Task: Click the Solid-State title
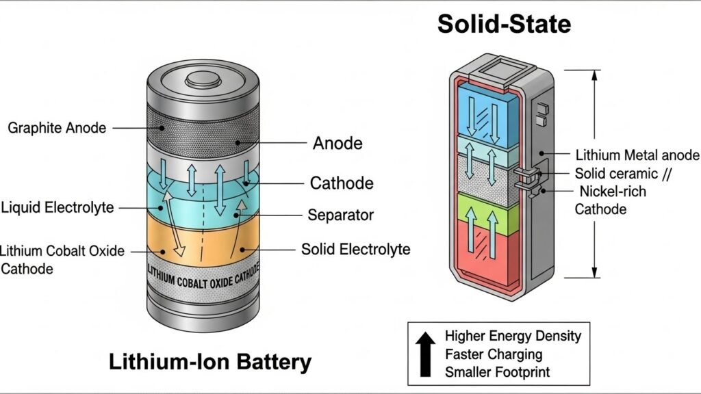click(504, 25)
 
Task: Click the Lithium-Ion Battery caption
click(209, 361)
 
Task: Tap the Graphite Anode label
click(57, 127)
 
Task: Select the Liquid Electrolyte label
click(58, 207)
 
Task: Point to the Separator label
click(340, 215)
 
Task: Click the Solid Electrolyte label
click(355, 249)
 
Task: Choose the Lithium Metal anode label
click(637, 155)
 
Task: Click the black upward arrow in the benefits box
click(425, 353)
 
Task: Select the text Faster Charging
click(493, 354)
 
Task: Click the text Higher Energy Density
click(512, 336)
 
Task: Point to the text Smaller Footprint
click(497, 372)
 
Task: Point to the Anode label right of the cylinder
click(337, 144)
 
